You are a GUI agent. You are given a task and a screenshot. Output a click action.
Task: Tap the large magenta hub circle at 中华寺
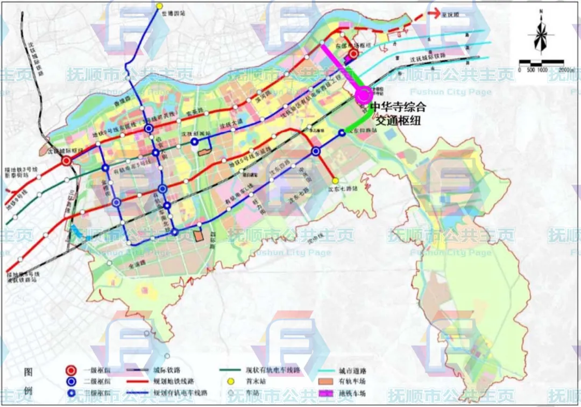tap(364, 95)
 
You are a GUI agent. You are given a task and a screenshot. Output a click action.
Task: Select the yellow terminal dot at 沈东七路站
tap(335, 181)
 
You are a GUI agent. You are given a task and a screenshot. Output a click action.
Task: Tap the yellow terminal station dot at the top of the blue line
tap(159, 6)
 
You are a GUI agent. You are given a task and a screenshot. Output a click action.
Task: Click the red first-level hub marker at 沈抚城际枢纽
tap(66, 160)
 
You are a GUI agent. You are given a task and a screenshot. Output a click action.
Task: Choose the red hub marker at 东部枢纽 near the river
tap(353, 54)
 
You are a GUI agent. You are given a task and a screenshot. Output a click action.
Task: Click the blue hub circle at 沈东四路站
tap(342, 133)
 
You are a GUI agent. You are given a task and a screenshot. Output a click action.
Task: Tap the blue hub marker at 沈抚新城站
tap(194, 142)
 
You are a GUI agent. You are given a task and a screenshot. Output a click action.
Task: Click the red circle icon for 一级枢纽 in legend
tap(70, 371)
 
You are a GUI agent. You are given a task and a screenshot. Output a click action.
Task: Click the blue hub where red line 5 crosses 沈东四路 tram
tap(316, 152)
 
